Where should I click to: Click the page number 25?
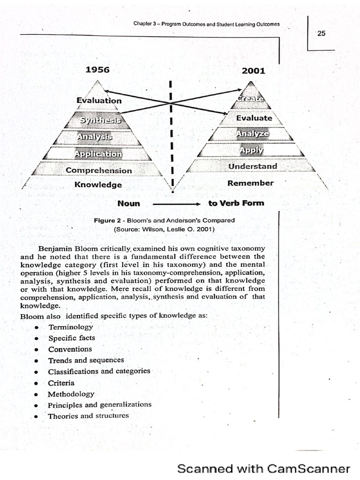(321, 33)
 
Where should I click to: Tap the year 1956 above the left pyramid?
(97, 70)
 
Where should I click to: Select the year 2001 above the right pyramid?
(254, 71)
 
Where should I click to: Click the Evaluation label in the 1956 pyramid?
(99, 100)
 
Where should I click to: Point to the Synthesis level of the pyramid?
(100, 120)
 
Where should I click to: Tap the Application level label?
(98, 154)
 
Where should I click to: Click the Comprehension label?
(99, 170)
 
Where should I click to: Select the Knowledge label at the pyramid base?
(98, 185)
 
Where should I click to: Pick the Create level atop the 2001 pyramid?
(250, 98)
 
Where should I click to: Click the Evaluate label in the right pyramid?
(254, 118)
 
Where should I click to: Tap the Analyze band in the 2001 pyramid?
(253, 134)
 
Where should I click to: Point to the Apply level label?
(251, 150)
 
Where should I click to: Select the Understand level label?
(253, 166)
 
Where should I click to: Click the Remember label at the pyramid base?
(250, 183)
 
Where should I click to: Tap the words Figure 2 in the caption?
(108, 220)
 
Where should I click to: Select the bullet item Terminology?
(70, 327)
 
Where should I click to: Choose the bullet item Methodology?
(71, 394)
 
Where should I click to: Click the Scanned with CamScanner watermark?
(263, 468)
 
